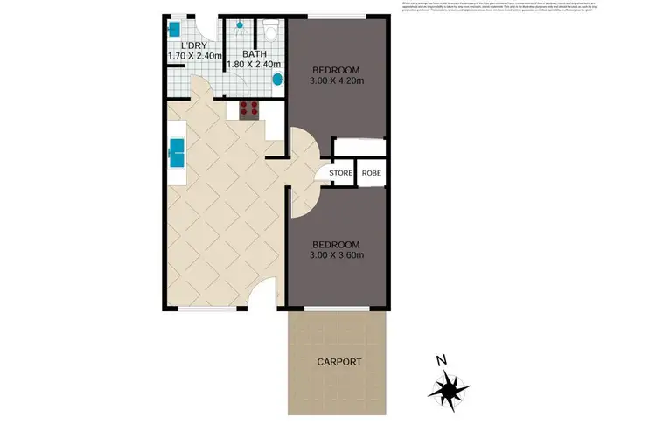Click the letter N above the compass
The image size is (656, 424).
442,360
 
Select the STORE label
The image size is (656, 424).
340,173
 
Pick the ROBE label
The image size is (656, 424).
371,173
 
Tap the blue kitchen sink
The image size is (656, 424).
177,153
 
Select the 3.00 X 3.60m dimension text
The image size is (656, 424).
335,254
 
